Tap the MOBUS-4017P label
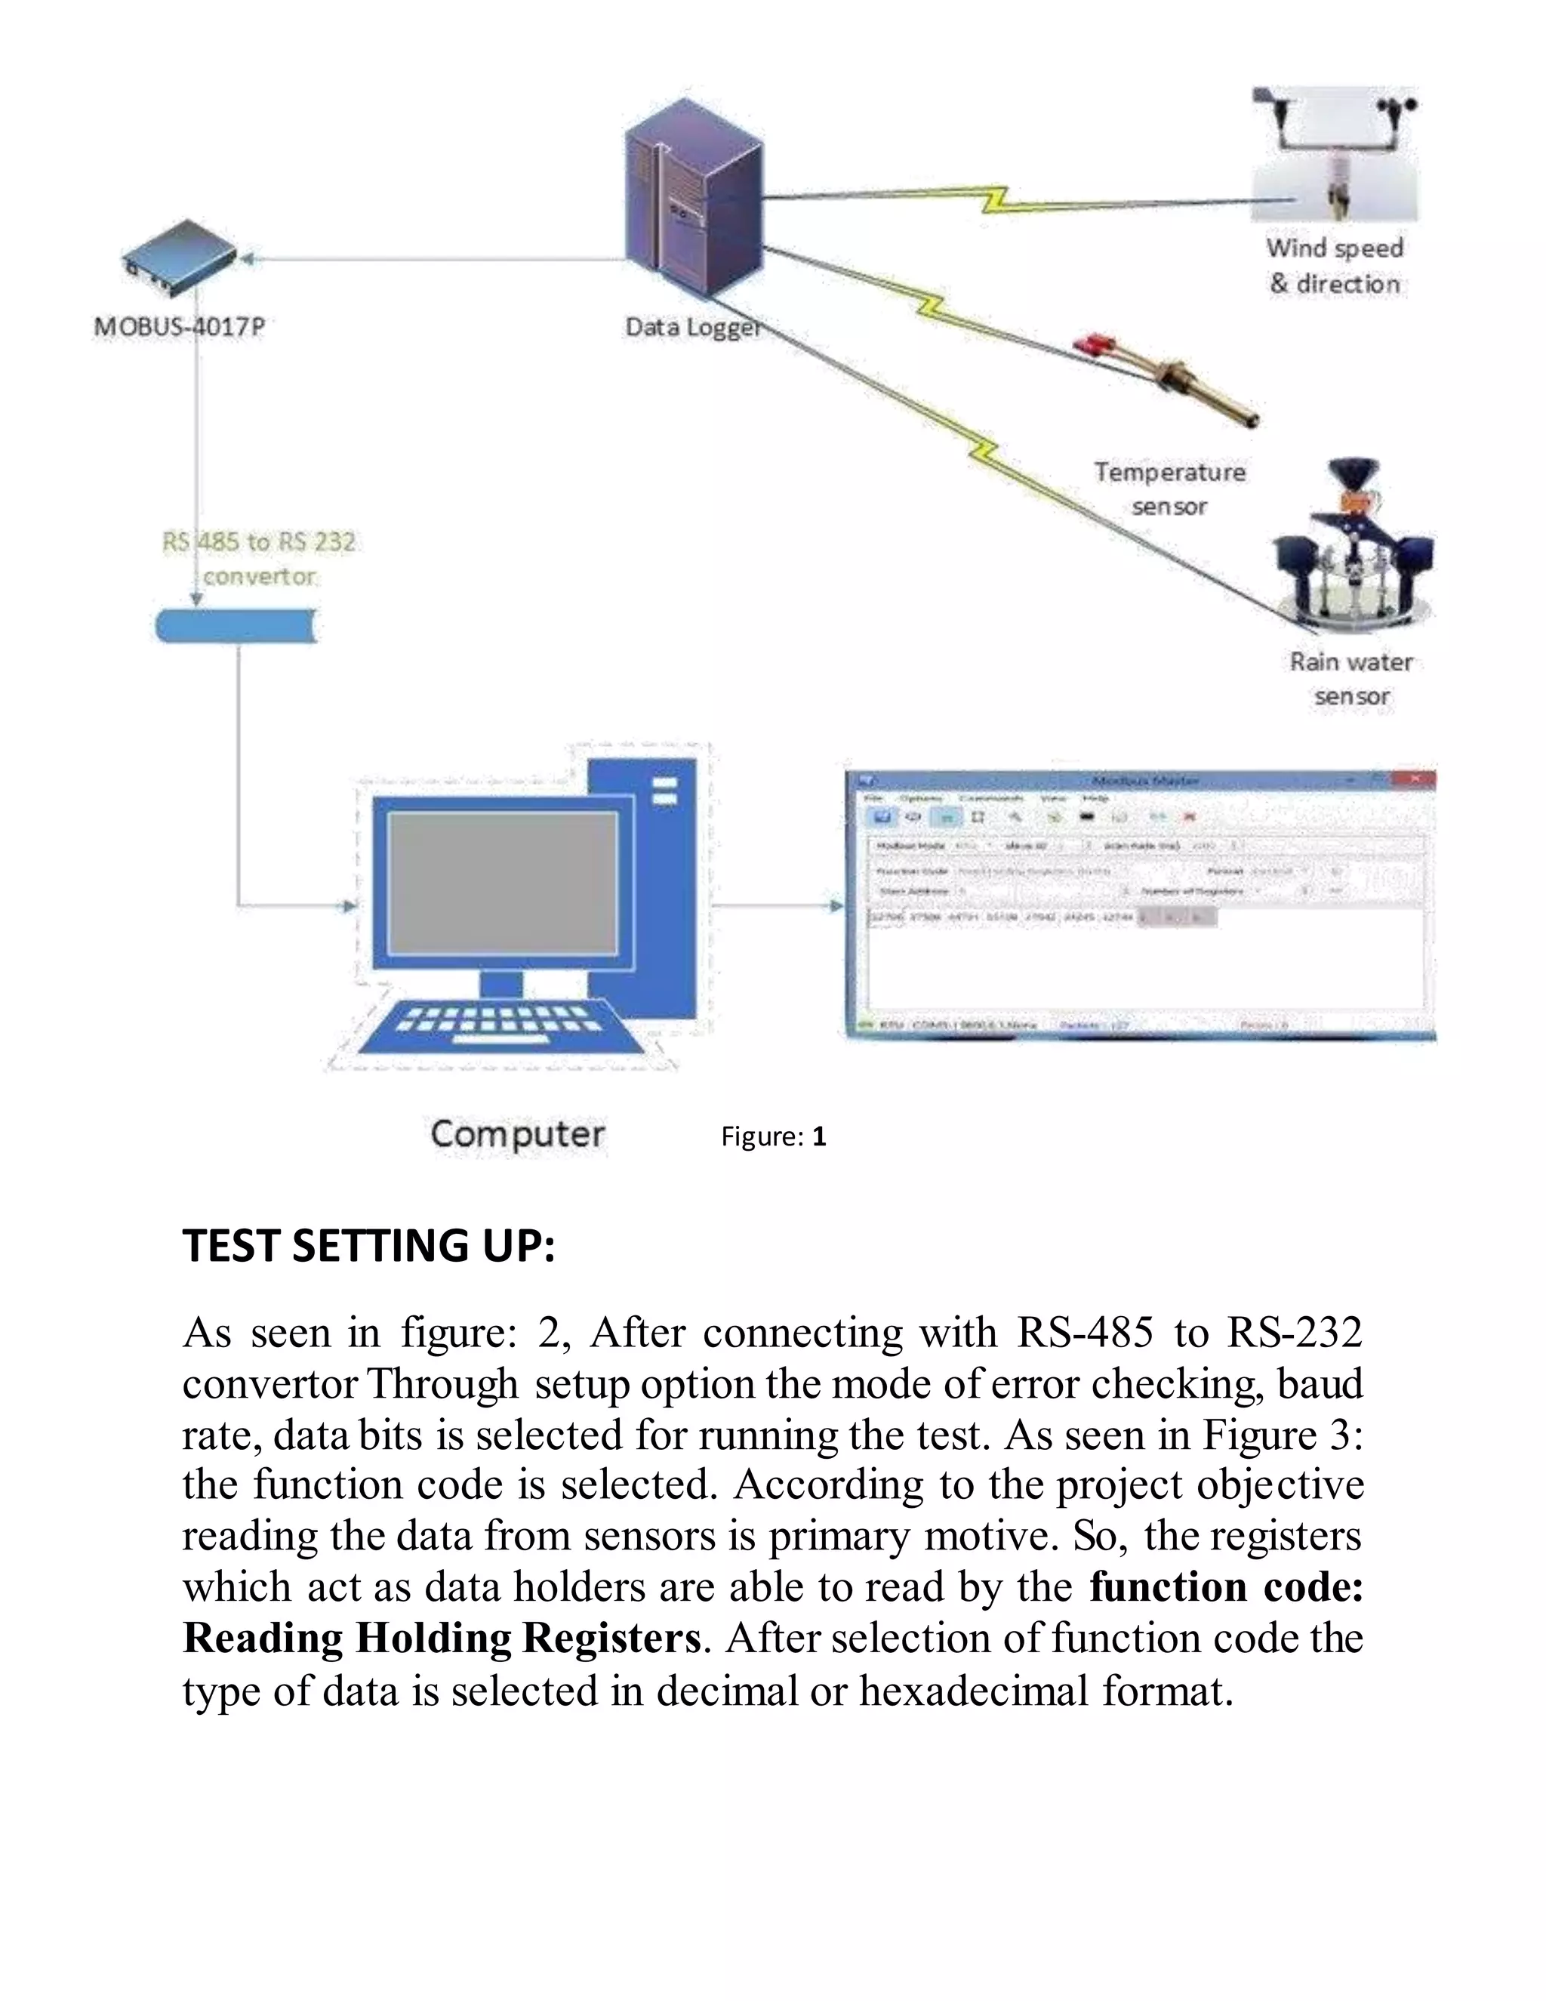pyautogui.click(x=180, y=327)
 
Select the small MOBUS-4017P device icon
pyautogui.click(x=180, y=258)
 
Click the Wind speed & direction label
pyautogui.click(x=1335, y=266)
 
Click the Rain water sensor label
pyautogui.click(x=1351, y=679)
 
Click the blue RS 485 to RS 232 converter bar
pyautogui.click(x=236, y=626)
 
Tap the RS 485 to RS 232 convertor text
pyautogui.click(x=259, y=559)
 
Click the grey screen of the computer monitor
pyautogui.click(x=502, y=883)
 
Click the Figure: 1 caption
pyautogui.click(x=773, y=1137)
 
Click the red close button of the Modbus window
pyautogui.click(x=1415, y=779)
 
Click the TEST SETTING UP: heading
pyautogui.click(x=368, y=1246)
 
